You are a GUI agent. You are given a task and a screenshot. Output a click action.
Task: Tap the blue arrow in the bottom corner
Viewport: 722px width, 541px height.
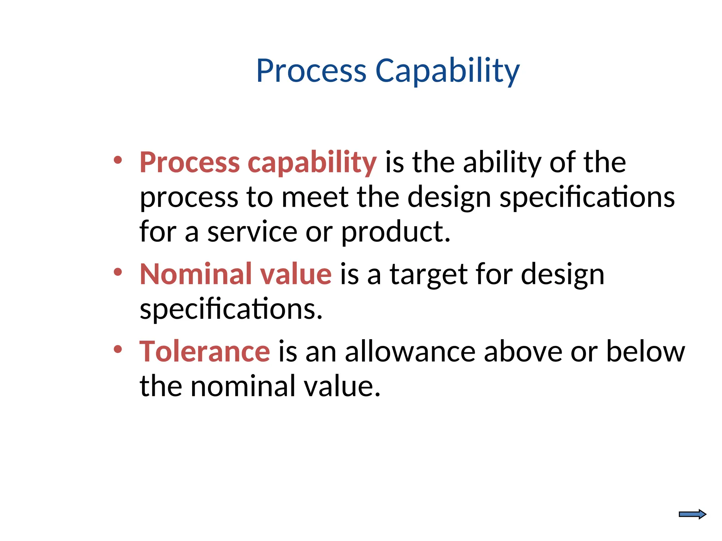692,514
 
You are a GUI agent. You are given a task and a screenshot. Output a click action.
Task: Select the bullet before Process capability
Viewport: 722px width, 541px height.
118,160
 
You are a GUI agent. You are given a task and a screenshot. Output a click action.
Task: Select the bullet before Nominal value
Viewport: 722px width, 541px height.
118,272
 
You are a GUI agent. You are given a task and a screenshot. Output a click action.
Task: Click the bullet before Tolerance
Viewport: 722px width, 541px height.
118,349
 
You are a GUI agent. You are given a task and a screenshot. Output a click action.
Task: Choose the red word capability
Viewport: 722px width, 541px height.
312,163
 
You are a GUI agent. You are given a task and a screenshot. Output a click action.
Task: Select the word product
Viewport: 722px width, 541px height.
396,232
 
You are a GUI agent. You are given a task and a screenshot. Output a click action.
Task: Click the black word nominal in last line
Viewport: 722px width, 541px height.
243,386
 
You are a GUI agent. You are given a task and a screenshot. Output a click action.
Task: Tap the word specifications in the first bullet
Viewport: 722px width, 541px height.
587,198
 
